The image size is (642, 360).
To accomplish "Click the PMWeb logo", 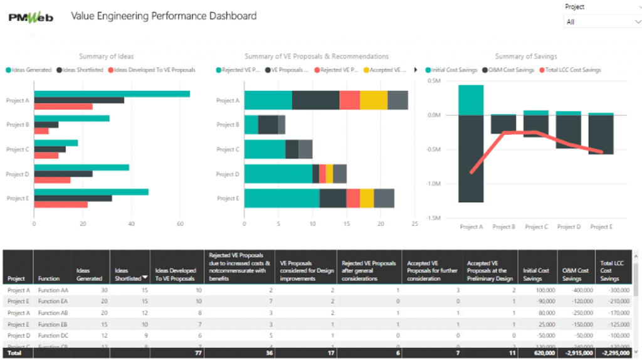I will pos(31,17).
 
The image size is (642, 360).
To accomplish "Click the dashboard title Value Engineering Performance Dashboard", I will pos(164,16).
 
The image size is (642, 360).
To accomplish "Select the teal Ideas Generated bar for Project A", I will pos(112,94).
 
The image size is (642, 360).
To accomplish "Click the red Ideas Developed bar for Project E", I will pos(61,204).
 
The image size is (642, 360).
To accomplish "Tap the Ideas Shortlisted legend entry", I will pos(81,70).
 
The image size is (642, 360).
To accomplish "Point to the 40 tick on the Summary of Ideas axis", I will pos(131,223).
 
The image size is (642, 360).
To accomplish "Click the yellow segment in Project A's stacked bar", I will pos(374,100).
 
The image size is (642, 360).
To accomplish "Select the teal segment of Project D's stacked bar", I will pos(278,174).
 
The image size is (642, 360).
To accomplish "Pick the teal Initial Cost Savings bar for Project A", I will pos(471,100).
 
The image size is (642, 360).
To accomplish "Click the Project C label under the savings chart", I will pos(536,227).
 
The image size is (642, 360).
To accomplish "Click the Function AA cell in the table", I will pos(51,290).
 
